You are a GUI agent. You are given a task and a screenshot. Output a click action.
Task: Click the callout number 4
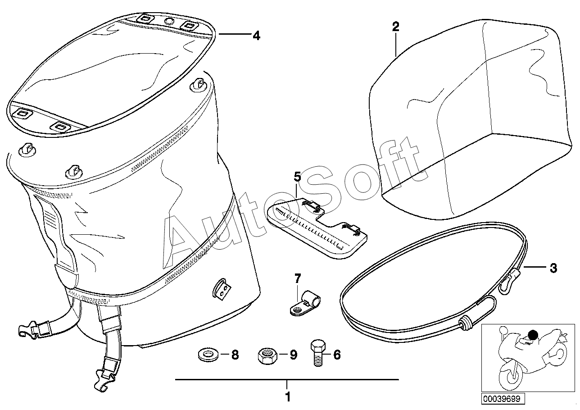click(256, 36)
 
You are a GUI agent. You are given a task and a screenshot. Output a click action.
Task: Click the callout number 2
click(395, 27)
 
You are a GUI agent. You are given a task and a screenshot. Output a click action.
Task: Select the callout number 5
click(297, 177)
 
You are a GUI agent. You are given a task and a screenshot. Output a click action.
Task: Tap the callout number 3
click(553, 268)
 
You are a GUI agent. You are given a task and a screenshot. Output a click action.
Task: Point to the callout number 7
click(298, 279)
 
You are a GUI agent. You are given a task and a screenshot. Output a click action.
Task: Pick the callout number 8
click(235, 355)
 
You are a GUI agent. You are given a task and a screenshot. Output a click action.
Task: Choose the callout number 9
click(293, 355)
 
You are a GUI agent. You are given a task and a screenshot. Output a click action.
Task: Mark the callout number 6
click(337, 355)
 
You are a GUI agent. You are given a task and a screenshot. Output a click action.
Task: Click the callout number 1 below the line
click(288, 396)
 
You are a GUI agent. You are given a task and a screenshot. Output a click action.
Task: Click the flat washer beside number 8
click(208, 355)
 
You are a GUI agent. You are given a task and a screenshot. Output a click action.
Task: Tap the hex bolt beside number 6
click(318, 352)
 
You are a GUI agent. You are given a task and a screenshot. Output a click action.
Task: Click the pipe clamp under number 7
click(305, 306)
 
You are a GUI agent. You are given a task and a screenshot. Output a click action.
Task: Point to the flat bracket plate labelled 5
click(317, 229)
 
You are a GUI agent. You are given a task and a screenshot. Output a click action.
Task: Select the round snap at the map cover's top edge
click(170, 21)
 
